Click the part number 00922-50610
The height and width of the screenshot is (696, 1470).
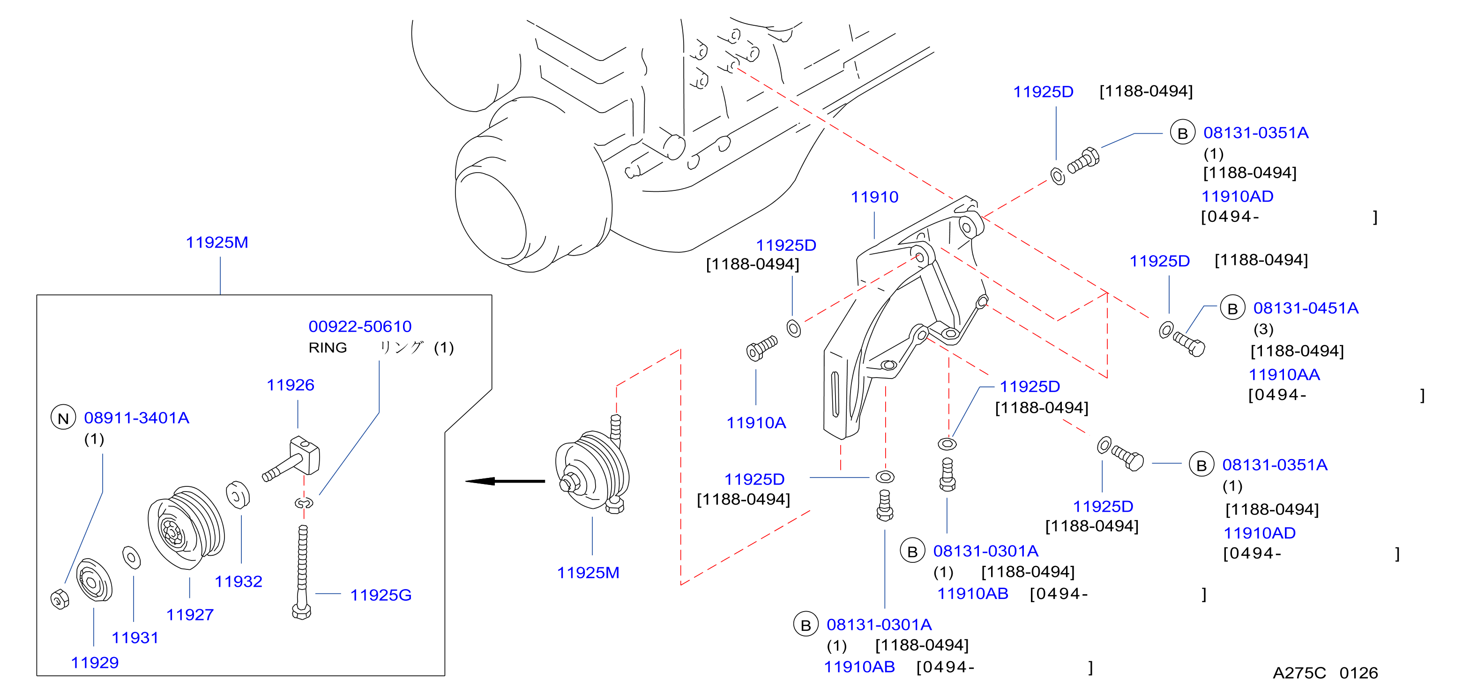coord(359,326)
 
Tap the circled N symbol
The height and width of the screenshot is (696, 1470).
coord(63,418)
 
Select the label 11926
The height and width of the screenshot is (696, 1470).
coord(291,385)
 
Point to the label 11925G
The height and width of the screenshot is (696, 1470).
coord(381,595)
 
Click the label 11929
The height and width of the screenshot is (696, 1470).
coord(95,662)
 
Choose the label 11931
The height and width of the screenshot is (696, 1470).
coord(134,638)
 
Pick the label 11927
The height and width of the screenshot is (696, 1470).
coord(190,615)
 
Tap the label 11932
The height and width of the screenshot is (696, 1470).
coord(239,581)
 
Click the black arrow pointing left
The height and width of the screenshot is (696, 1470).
coord(505,481)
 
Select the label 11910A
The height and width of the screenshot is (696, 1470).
coord(756,423)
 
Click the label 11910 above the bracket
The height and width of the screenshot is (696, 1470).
coord(874,197)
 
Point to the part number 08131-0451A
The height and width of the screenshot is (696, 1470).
coord(1306,308)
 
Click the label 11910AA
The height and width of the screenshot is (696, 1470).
coord(1284,375)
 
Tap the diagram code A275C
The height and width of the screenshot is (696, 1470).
coord(1299,673)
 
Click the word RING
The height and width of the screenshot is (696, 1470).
coord(328,348)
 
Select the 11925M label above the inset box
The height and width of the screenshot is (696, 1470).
coord(217,242)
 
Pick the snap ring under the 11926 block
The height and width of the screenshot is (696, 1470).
coord(304,503)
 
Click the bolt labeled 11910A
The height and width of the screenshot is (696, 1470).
coord(762,348)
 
